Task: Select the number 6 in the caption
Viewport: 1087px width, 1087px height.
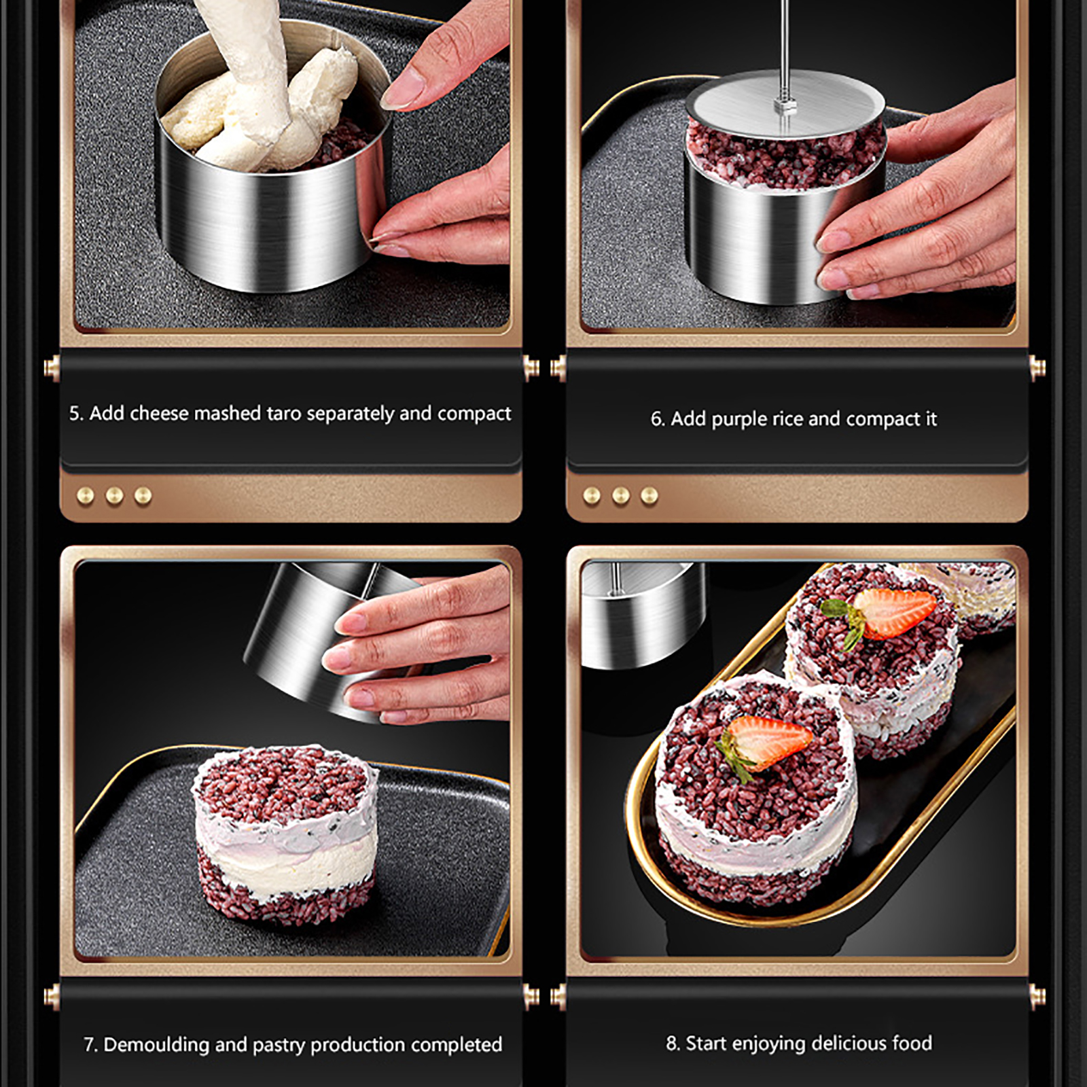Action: (656, 418)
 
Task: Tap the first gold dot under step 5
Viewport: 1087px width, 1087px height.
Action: (86, 496)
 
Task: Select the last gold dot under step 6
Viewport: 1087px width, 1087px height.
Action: (649, 496)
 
